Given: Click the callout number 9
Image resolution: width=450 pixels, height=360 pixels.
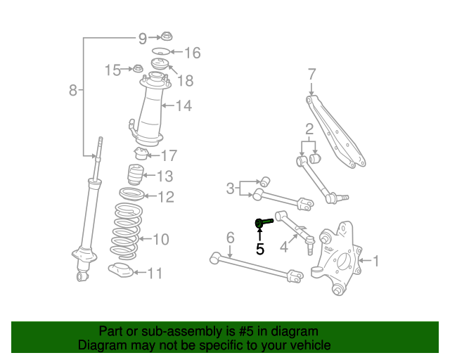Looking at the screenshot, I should click(x=142, y=37).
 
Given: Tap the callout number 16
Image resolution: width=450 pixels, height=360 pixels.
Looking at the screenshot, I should click(x=192, y=53).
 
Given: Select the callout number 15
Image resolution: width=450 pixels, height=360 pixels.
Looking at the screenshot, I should click(x=113, y=70).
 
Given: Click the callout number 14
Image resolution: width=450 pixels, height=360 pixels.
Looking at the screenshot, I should click(x=184, y=106).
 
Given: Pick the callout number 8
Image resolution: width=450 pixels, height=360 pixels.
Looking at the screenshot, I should click(x=73, y=90).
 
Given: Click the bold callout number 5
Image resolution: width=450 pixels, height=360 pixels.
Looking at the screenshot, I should click(x=260, y=248).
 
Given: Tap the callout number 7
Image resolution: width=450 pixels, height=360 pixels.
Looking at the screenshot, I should click(x=312, y=73).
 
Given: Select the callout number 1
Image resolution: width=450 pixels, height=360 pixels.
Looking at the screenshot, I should click(x=375, y=262).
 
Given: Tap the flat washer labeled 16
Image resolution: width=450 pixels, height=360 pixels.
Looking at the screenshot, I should click(x=161, y=52).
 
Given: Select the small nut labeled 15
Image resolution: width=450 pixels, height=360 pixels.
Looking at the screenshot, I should click(x=139, y=69).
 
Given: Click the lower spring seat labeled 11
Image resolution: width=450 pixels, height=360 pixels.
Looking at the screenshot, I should click(x=123, y=271).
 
